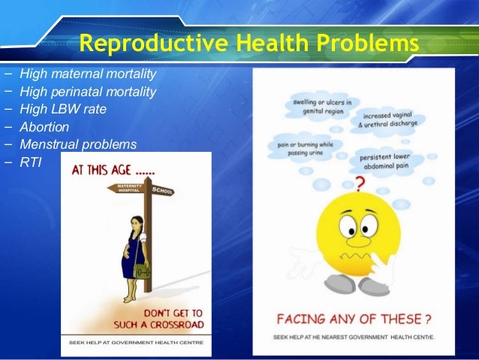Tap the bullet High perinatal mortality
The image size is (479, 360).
[88, 92]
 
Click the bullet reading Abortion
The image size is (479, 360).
[44, 127]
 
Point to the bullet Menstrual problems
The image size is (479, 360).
[78, 144]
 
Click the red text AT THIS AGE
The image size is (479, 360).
[113, 171]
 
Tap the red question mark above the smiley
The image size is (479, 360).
[360, 184]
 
